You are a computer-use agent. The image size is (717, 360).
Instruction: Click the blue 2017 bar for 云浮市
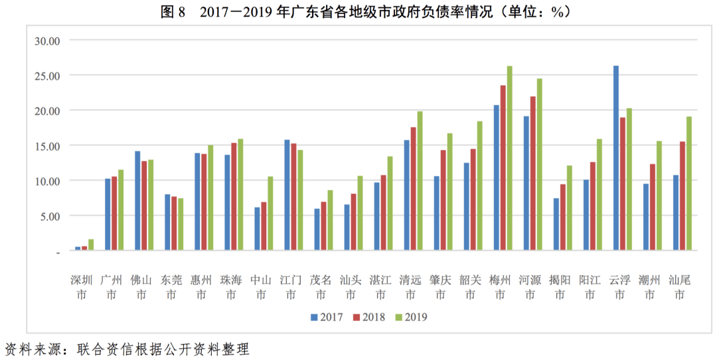616,158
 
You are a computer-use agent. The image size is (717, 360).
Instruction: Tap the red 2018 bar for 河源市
533,173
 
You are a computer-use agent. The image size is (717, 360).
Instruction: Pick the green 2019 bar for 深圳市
91,244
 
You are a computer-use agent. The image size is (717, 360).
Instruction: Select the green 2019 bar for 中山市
270,213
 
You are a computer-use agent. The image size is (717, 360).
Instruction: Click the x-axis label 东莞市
171,287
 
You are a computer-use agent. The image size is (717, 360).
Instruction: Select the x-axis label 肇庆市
440,287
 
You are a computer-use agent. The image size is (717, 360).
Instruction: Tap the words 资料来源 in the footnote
33,349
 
